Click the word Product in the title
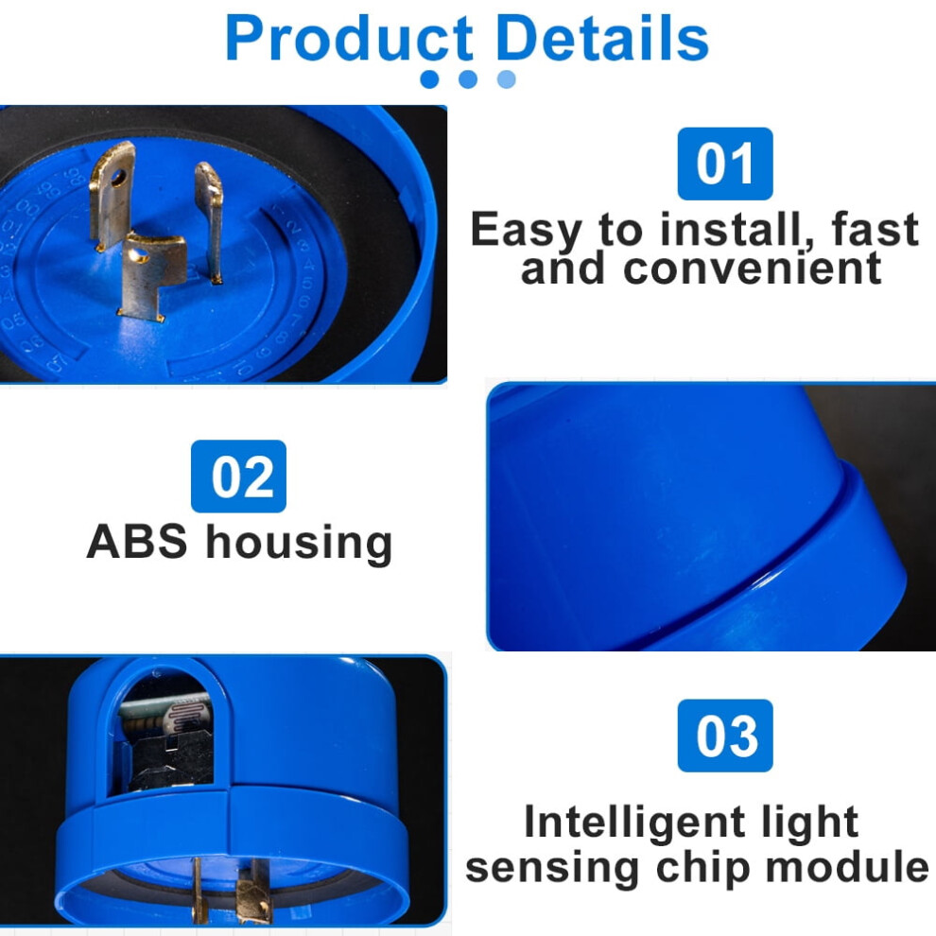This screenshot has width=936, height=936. coord(349,39)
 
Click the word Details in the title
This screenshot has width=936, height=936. coord(602,39)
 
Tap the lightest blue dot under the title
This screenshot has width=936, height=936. coord(506,79)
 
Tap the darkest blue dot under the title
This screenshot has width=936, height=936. coord(429,79)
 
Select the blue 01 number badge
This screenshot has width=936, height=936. coord(724,164)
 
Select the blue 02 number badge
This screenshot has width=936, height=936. coord(238,477)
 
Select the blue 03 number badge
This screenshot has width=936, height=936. coord(724,736)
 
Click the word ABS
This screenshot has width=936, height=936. coord(137,542)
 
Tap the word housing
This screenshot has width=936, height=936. coord(299,544)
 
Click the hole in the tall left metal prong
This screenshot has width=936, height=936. coord(118,177)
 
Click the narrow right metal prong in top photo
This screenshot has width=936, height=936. coord(210,221)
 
